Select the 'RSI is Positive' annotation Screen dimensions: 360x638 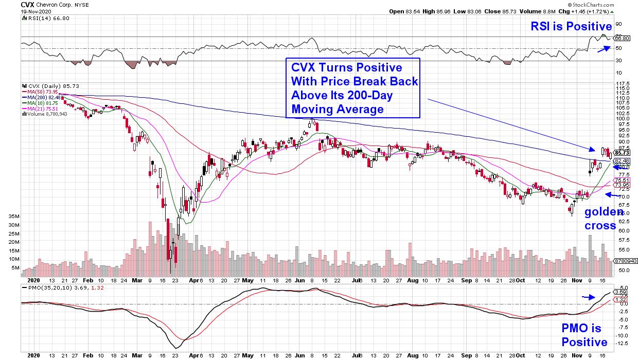[572, 26]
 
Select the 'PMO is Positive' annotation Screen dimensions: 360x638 [583, 335]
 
